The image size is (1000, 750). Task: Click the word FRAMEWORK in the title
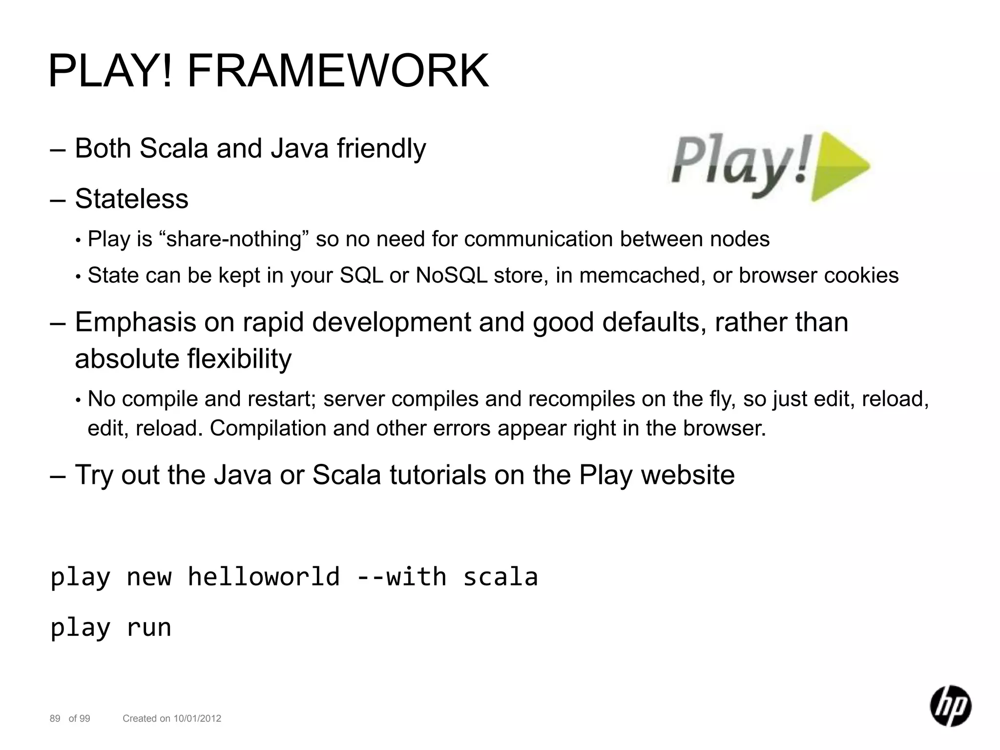tap(338, 71)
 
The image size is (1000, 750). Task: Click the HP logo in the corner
tap(950, 706)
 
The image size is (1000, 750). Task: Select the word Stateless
tap(131, 199)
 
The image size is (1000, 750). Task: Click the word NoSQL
tap(452, 275)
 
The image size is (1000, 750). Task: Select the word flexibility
tap(239, 359)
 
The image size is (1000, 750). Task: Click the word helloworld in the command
tap(264, 577)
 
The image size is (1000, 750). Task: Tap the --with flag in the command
tap(401, 577)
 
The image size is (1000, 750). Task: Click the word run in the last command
tap(149, 627)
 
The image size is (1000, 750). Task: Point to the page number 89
tap(55, 718)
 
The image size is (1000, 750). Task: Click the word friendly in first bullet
tap(381, 148)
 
